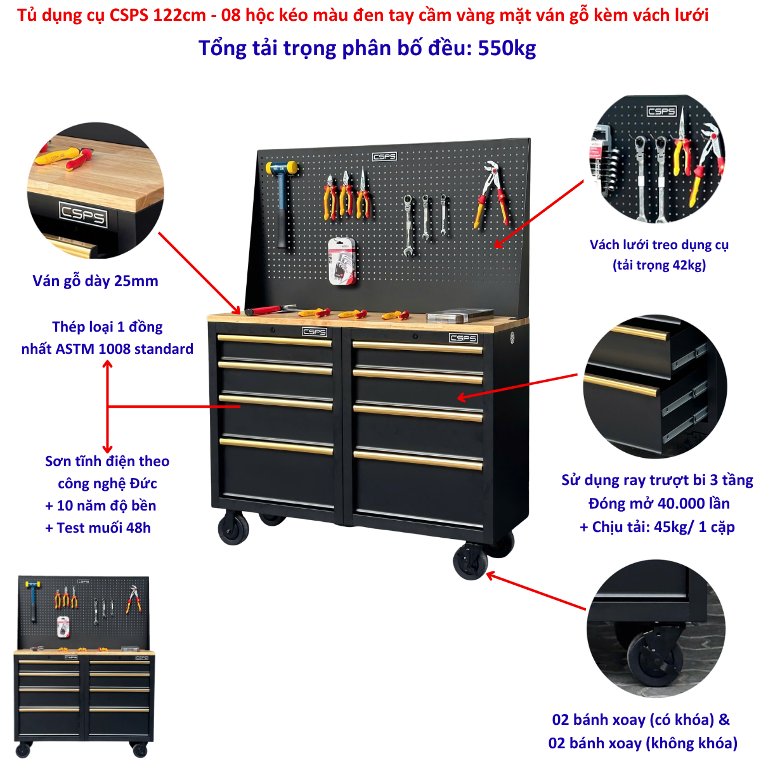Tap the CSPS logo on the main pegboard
click(384, 157)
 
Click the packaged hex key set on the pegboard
click(342, 261)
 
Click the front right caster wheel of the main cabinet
click(471, 561)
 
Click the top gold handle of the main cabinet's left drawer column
click(275, 340)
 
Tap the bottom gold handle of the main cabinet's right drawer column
click(418, 459)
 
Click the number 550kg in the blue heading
click(507, 49)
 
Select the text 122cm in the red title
click(179, 15)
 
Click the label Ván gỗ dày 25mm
click(95, 281)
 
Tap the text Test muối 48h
click(103, 528)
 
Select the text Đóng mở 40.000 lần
click(659, 504)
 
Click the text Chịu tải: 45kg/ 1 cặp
click(663, 527)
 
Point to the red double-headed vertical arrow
click(107, 407)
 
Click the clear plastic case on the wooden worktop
click(459, 316)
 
